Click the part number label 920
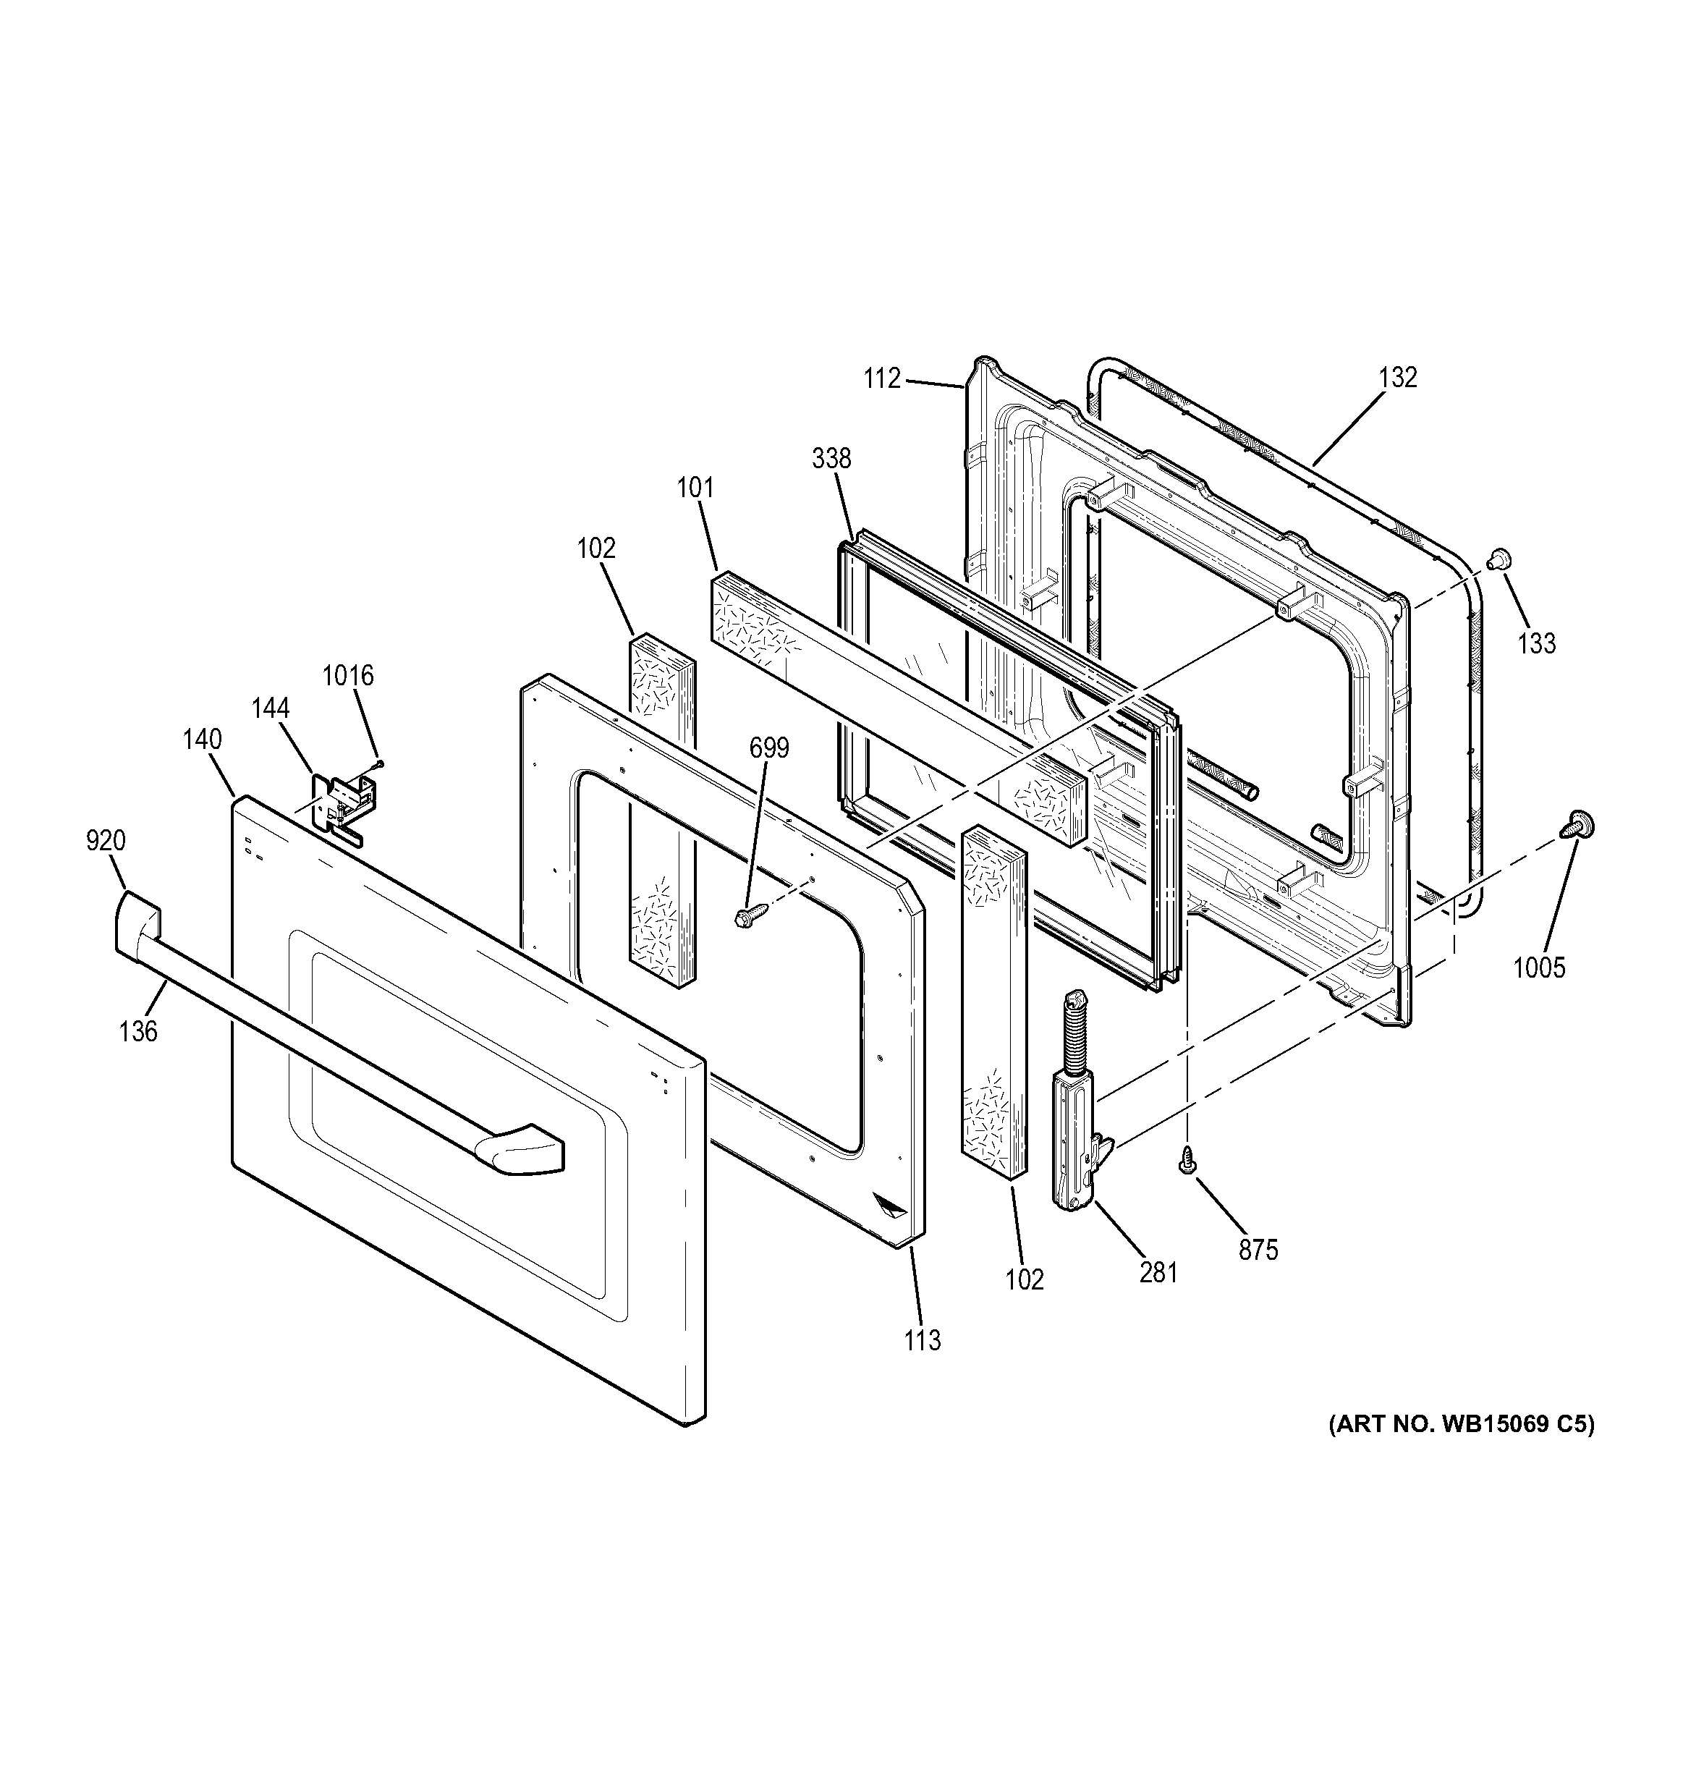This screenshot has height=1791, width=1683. [x=106, y=841]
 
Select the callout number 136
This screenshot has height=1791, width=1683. [x=138, y=1030]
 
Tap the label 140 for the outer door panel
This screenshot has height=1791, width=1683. [x=202, y=740]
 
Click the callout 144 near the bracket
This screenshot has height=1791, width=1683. [x=271, y=708]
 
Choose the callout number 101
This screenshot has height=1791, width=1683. [x=695, y=488]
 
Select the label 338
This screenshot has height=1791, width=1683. [x=831, y=459]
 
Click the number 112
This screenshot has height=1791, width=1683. [x=882, y=379]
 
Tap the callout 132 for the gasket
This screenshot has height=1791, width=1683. [x=1397, y=378]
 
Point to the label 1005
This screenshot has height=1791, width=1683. [x=1539, y=968]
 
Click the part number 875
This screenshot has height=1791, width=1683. [x=1258, y=1250]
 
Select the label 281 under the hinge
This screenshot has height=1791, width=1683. [x=1158, y=1272]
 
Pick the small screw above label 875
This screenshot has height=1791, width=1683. [x=1188, y=1161]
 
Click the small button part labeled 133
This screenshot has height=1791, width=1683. [x=1499, y=559]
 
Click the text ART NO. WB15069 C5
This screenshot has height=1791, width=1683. [x=1460, y=1449]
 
